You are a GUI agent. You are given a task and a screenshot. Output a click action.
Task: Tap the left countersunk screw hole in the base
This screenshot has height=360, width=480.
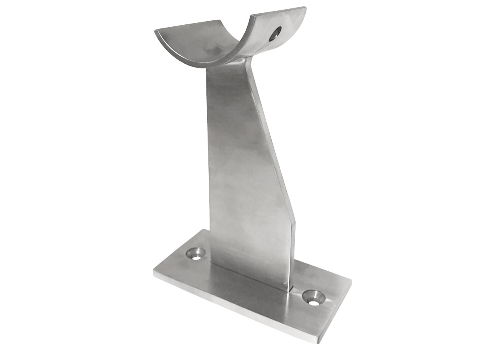[x=196, y=254]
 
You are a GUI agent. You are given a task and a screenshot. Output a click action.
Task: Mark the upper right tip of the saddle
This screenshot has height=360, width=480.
[x=305, y=8]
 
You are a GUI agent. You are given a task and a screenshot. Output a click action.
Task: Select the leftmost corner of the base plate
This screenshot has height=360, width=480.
[x=154, y=271]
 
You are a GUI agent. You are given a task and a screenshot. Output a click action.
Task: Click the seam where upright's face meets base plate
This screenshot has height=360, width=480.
[x=248, y=276]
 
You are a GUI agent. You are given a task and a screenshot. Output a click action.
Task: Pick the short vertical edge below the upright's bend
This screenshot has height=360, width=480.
[x=293, y=252]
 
